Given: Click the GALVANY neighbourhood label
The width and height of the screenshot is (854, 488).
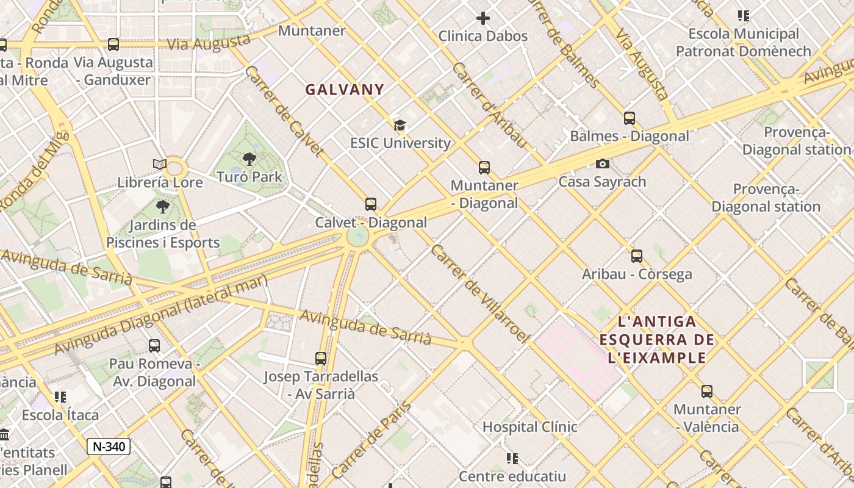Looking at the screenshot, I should click(x=345, y=90).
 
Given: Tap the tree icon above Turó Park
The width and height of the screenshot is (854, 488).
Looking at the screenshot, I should click(x=249, y=160).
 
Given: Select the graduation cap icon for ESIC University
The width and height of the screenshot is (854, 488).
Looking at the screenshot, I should click(x=400, y=126).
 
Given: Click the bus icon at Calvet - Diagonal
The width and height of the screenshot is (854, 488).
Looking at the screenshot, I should click(x=370, y=204).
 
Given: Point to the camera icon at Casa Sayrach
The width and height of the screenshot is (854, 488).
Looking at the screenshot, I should click(x=602, y=163).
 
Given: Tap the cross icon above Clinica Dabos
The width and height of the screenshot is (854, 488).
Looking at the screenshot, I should click(x=483, y=18).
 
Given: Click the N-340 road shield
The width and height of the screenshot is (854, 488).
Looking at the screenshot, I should click(x=109, y=447).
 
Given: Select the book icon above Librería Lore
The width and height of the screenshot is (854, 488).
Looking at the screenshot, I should click(x=159, y=164).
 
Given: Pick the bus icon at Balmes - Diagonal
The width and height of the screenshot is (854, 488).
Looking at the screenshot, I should click(x=629, y=118).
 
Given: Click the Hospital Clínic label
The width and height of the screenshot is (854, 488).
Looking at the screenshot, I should click(x=529, y=427).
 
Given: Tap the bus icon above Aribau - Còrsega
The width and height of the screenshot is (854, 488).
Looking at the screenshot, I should click(x=636, y=256).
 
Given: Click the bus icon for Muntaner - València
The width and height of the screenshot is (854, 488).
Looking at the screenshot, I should click(x=706, y=392).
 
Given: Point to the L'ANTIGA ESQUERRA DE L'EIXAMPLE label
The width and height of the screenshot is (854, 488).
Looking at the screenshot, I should click(x=656, y=339).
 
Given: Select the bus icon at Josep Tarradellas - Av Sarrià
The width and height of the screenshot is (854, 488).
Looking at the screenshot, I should click(x=321, y=359).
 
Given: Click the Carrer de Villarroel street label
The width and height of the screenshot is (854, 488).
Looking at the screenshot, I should click(x=478, y=293).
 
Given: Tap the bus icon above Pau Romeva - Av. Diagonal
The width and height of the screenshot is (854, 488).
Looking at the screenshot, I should click(x=154, y=346).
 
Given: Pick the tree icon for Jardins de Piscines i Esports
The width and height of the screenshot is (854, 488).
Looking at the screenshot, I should click(x=162, y=207).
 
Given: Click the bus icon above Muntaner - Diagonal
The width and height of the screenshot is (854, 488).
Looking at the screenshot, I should click(x=484, y=168).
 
